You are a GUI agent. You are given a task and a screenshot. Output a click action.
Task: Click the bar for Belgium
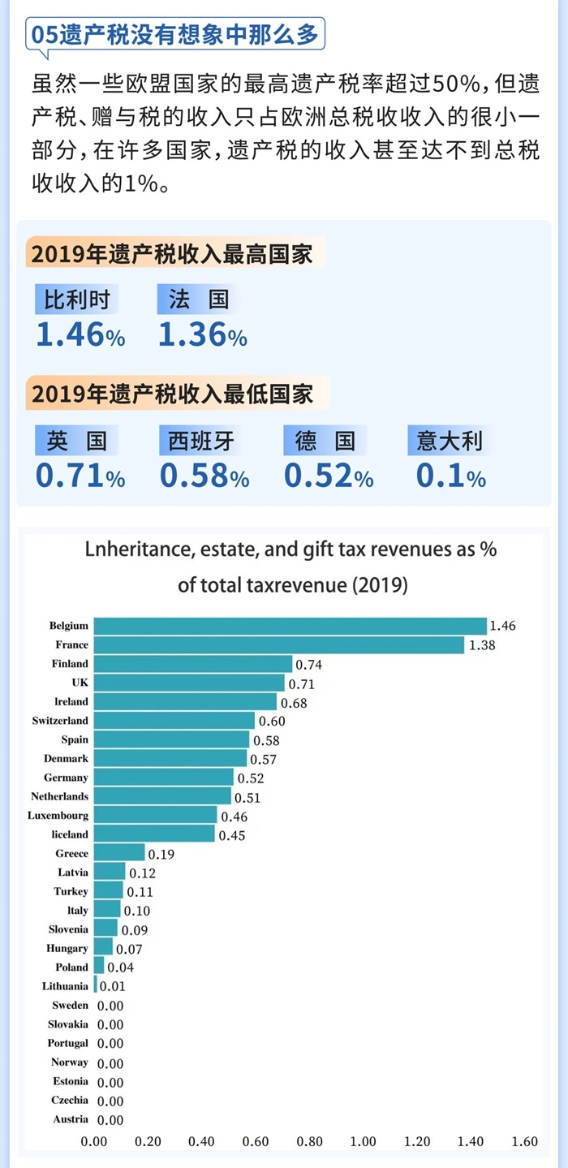[290, 626]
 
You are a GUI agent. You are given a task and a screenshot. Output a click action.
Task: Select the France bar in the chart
[279, 644]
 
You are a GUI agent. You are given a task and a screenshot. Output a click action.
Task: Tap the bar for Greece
[119, 853]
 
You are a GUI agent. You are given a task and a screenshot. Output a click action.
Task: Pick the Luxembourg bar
[155, 815]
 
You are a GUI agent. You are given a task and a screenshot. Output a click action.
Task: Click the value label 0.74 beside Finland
[308, 665]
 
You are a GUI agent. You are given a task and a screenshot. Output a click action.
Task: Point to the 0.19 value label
[161, 854]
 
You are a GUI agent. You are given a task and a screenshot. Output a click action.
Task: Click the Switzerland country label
[61, 721]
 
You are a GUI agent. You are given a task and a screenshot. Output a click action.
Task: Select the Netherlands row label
[60, 796]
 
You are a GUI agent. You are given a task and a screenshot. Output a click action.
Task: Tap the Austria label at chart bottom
[71, 1119]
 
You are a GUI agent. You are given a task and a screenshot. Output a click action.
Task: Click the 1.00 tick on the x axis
[363, 1141]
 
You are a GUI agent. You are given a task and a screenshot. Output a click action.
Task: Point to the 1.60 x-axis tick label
[524, 1141]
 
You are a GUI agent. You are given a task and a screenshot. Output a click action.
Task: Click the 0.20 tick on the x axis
[148, 1141]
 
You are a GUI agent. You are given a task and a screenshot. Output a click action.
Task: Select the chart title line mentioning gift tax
[290, 550]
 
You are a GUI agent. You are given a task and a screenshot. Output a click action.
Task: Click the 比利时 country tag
[77, 300]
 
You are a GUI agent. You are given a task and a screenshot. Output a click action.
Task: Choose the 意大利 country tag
[450, 441]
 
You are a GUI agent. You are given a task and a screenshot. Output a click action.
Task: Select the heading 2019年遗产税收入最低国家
[172, 394]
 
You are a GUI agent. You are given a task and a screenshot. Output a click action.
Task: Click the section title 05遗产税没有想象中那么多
[175, 36]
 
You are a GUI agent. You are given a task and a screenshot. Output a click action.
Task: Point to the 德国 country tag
[325, 441]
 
